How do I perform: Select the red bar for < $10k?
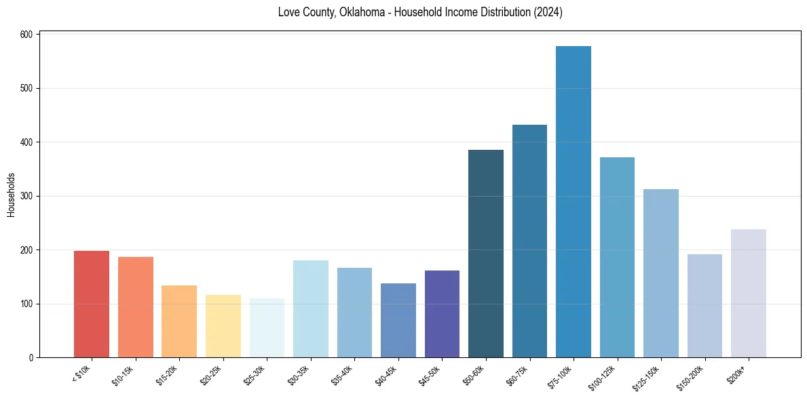click(x=92, y=304)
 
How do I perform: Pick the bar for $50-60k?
click(x=486, y=254)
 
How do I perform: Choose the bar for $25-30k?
click(x=267, y=328)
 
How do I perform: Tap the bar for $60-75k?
click(x=529, y=241)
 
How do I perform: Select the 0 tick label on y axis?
click(x=32, y=358)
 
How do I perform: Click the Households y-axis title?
click(x=11, y=195)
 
